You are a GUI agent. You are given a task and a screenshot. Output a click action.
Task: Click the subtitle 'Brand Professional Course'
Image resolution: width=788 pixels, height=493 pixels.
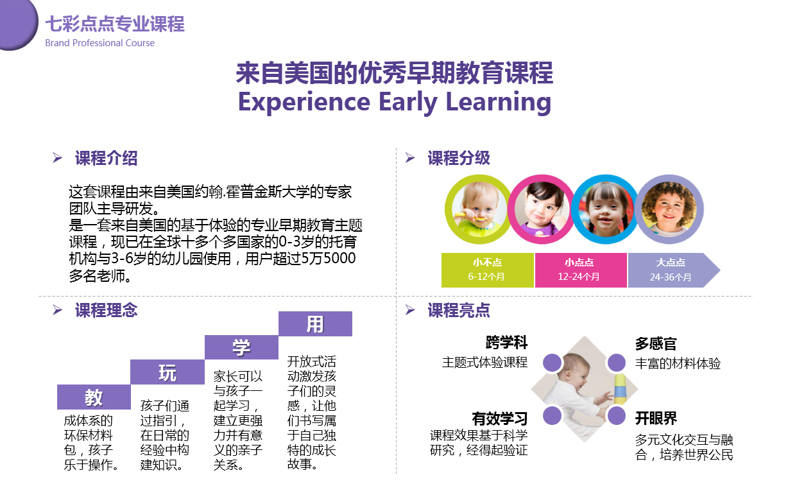click(100, 43)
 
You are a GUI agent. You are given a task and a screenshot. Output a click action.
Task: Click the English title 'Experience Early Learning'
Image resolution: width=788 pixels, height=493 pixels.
click(395, 102)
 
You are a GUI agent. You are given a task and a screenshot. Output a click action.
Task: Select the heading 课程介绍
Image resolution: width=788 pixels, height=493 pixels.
click(107, 158)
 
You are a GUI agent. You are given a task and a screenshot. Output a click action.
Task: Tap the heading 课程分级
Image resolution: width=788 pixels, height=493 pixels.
click(459, 158)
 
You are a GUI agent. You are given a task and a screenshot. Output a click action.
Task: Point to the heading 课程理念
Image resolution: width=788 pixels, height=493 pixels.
click(107, 310)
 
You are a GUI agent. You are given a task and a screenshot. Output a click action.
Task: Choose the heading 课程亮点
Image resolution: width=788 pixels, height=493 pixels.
click(459, 310)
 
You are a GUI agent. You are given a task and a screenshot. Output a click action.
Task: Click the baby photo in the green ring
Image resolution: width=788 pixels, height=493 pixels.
click(479, 209)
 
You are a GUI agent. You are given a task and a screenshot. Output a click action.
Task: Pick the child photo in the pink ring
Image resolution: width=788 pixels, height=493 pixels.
click(542, 209)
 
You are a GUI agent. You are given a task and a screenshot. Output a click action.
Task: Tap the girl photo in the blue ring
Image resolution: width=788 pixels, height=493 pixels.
click(605, 209)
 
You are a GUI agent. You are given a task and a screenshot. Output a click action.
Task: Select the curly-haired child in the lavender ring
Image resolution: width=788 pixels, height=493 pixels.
click(669, 209)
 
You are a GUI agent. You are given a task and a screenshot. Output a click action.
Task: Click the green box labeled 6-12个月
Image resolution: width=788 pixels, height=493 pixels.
click(488, 270)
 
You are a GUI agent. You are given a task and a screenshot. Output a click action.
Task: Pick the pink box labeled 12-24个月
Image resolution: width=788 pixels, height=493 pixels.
click(581, 270)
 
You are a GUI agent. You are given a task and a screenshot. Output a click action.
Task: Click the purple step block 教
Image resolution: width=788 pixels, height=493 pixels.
click(94, 397)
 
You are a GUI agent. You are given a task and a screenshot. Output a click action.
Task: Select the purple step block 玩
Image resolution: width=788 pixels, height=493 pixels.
click(167, 372)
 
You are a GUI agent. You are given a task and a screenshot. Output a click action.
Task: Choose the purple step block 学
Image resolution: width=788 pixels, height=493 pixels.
click(241, 347)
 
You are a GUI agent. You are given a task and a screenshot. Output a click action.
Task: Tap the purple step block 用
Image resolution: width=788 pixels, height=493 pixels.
click(315, 324)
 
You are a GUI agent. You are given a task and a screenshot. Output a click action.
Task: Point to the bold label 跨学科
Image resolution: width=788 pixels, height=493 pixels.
click(506, 342)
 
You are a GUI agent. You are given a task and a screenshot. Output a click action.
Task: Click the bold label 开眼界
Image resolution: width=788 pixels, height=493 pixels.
click(656, 418)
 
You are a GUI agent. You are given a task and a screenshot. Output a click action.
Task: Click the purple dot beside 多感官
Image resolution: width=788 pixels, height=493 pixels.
click(616, 363)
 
